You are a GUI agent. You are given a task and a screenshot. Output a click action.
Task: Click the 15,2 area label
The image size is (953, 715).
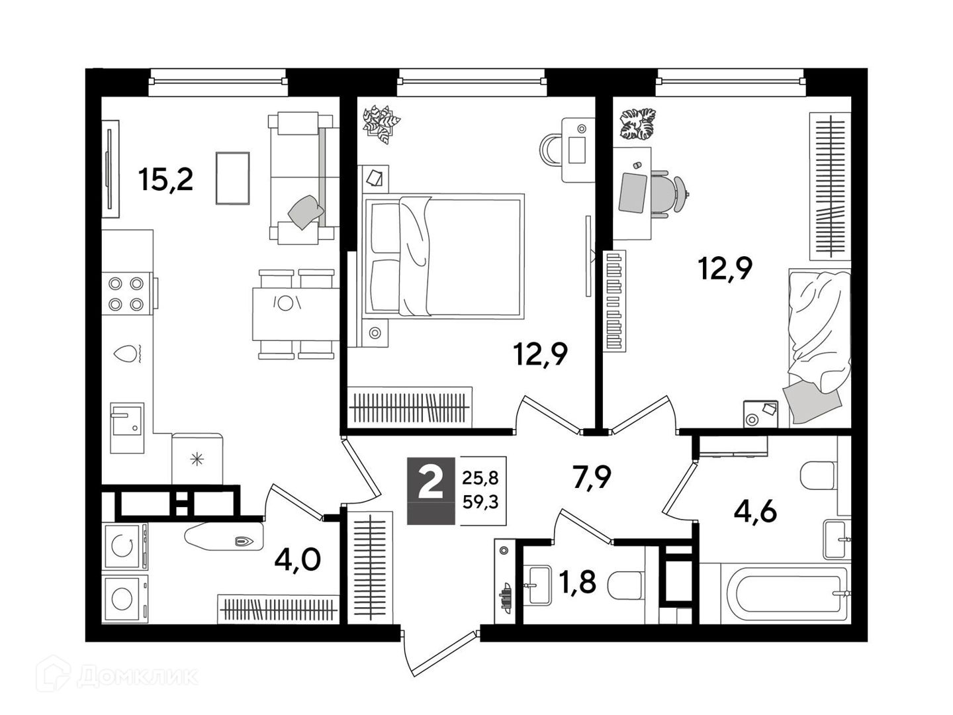click(x=165, y=179)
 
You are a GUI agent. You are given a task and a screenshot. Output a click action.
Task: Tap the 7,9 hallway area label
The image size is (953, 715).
click(x=592, y=477)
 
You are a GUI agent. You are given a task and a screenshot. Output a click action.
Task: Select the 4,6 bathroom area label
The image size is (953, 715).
click(x=755, y=512)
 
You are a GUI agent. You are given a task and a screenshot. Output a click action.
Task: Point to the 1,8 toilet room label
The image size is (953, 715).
click(x=577, y=581)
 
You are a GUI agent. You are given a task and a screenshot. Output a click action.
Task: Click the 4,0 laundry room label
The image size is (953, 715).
click(x=297, y=560)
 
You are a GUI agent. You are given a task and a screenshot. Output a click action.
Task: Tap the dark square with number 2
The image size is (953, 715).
click(x=431, y=491)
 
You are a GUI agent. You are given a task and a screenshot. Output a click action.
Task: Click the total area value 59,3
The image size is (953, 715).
click(x=480, y=502)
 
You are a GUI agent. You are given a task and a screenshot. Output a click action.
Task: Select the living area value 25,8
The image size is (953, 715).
click(x=480, y=479)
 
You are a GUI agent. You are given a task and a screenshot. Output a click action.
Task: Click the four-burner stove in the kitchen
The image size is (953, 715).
click(x=126, y=294)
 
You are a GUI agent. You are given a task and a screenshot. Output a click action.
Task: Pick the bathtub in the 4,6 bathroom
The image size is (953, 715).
click(x=787, y=593)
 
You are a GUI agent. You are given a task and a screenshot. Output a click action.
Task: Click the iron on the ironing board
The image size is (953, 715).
click(x=244, y=542)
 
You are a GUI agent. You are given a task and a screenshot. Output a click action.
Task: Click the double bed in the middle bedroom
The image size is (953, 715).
click(x=443, y=257)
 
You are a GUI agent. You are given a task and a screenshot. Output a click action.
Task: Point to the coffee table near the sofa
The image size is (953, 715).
click(x=233, y=178)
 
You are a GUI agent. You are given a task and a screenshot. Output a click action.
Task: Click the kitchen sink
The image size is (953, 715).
click(x=127, y=428)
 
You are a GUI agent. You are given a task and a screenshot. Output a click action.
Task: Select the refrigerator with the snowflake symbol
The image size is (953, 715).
click(x=197, y=458)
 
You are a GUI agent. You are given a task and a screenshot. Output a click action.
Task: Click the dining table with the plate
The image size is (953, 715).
click(x=296, y=314)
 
